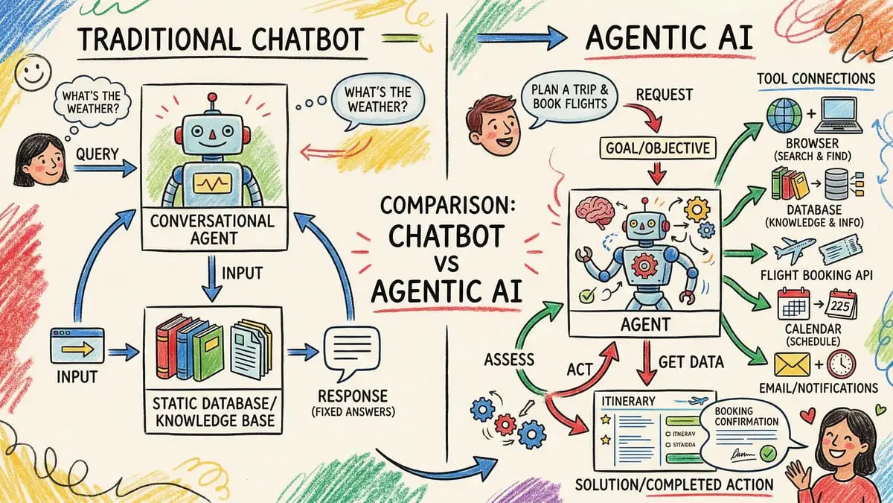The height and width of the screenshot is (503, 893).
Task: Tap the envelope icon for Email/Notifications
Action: click(x=791, y=364)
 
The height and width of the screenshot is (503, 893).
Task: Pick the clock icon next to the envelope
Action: click(x=841, y=364)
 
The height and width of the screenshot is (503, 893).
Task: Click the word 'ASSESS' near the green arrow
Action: click(x=509, y=359)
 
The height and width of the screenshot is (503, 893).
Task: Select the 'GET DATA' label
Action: click(x=691, y=362)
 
